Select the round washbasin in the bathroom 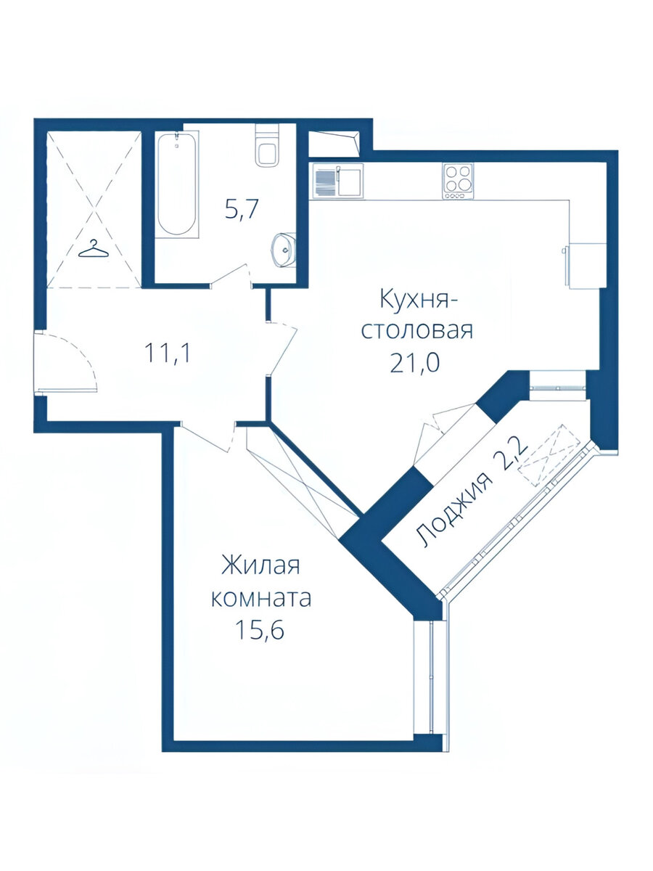click(x=283, y=250)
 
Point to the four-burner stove click(x=458, y=180)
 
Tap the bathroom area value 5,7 click(x=242, y=210)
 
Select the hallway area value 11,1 click(x=168, y=353)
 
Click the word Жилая click(x=260, y=565)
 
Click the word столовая click(x=417, y=331)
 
